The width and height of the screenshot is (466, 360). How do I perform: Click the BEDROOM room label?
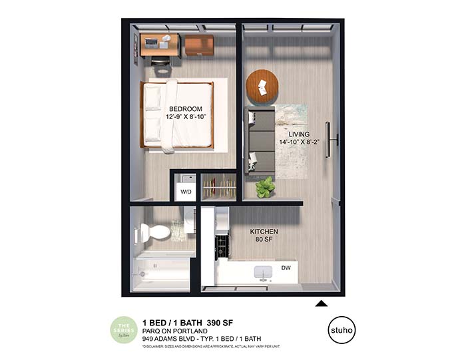point(185,108)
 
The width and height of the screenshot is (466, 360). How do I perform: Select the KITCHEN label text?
point(264,232)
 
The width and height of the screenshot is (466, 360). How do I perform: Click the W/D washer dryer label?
point(185,193)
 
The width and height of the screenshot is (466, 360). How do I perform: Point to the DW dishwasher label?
point(286,268)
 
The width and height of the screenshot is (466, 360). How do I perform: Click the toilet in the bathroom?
point(153,233)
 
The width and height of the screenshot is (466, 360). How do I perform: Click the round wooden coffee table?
point(262,86)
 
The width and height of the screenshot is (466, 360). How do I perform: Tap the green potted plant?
point(266,187)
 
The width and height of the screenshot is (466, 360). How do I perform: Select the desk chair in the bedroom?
point(160,61)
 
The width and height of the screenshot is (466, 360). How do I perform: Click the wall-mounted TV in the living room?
point(328,140)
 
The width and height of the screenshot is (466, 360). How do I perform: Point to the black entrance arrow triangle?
point(320,303)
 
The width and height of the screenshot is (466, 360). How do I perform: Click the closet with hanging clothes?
point(219,186)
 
